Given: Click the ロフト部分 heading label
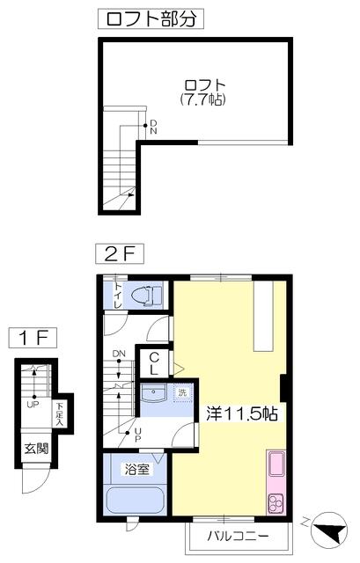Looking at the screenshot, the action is tap(151, 18).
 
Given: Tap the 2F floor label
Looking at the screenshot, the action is tap(120, 254).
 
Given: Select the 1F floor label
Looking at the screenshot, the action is tap(33, 338).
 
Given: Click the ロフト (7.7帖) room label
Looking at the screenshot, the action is tap(204, 92).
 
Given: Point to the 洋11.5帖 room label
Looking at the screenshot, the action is tap(242, 413).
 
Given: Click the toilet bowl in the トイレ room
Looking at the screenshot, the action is tap(147, 296).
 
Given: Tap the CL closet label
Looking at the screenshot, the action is tap(154, 363).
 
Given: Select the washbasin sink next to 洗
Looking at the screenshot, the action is tap(153, 393).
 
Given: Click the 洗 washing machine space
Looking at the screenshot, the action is tap(182, 393).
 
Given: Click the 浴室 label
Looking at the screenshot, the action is tap(137, 469).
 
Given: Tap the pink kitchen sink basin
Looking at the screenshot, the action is tap(276, 464).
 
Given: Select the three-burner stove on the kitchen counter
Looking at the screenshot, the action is tap(276, 501).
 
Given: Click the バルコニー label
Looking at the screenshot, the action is tap(238, 537).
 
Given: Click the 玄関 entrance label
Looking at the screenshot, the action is tap(36, 448).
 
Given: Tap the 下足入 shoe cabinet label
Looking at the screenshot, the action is tap(59, 414).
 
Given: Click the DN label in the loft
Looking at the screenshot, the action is tap(153, 127).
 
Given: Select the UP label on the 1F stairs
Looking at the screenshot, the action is tap(33, 405).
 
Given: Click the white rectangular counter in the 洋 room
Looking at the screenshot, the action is tap(263, 316).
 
